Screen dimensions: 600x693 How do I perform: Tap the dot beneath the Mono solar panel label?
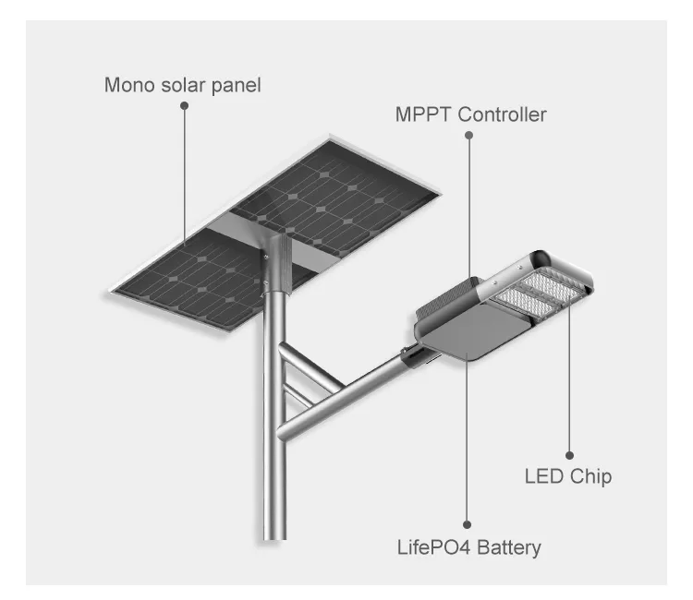click(184, 107)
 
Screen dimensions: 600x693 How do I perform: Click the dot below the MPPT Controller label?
click(468, 135)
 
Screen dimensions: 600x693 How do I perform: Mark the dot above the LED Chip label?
click(569, 455)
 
